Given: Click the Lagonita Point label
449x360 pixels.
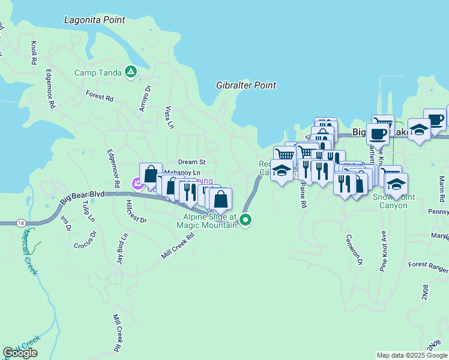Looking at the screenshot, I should click(x=95, y=20).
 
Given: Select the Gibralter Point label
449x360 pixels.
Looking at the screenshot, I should click(x=246, y=85).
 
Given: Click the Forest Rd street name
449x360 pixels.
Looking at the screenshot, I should click(x=99, y=96).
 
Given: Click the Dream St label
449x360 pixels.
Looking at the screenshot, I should click(x=192, y=162).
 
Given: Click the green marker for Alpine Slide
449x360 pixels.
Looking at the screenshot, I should click(x=246, y=220).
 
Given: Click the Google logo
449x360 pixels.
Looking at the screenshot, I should click(x=20, y=353).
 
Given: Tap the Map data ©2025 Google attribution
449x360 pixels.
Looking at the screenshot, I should click(x=411, y=355).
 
